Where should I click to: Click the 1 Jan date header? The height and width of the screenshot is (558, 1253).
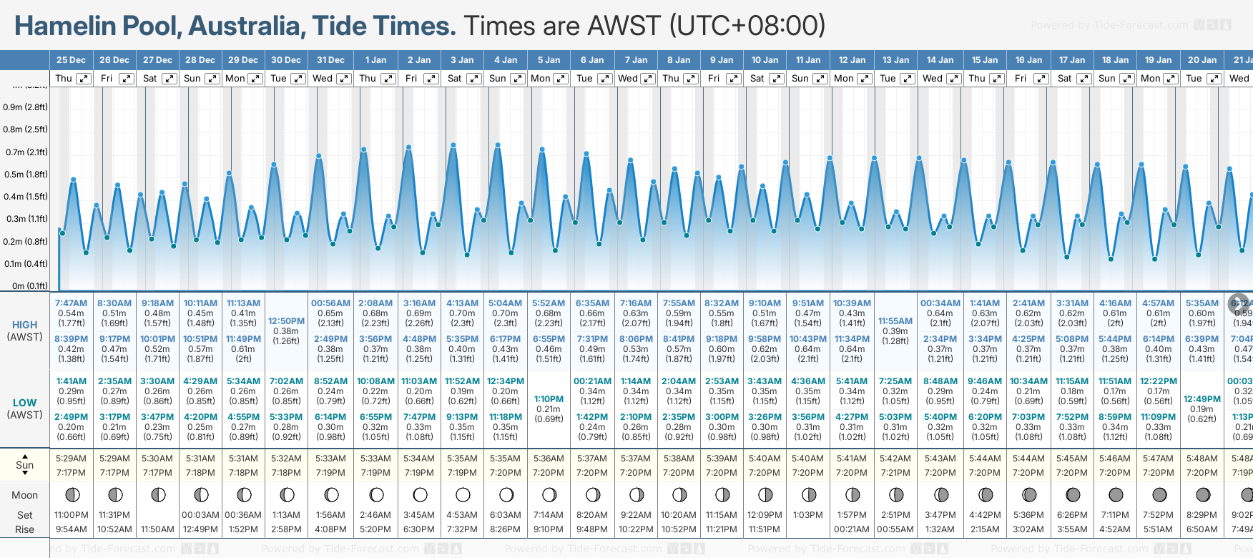pos(375,60)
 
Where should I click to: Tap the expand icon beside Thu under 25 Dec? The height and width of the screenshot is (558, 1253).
pos(84,79)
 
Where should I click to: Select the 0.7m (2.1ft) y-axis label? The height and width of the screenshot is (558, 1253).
pos(26,152)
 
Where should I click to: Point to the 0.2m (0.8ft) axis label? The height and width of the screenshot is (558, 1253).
pos(26,241)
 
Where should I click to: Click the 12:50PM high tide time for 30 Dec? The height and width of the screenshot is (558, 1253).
pos(286,321)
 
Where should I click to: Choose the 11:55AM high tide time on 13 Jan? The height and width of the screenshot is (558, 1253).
pos(895,321)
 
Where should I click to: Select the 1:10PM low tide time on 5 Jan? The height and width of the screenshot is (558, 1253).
pos(549,399)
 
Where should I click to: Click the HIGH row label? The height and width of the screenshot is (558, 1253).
pos(24,325)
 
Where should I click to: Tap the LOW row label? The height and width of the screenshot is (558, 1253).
pos(24,403)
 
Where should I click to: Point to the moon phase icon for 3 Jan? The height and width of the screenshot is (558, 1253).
pos(463,494)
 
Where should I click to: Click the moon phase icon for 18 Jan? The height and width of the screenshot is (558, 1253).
pos(1115,494)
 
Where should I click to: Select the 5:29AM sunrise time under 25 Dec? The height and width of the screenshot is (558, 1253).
pos(71,459)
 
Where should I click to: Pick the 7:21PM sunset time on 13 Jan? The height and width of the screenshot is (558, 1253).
pos(895,473)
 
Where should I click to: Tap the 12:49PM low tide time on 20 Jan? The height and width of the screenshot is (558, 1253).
pos(1202,399)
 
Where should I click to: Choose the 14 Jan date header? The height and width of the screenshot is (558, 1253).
pos(940,60)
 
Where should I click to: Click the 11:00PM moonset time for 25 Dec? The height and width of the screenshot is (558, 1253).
pos(71,515)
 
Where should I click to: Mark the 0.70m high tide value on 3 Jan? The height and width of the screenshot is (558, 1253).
pos(462,313)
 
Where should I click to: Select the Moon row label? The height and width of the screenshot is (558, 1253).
pos(24,495)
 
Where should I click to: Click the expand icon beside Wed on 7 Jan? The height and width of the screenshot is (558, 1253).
pos(647,79)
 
